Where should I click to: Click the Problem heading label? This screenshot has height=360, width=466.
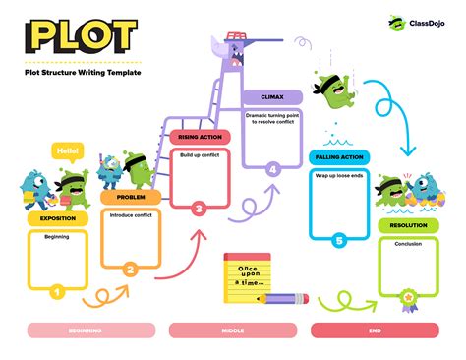pyautogui.click(x=124, y=197)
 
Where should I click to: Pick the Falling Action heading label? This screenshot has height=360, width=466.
pyautogui.click(x=338, y=157)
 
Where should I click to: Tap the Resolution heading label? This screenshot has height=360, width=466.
pyautogui.click(x=408, y=225)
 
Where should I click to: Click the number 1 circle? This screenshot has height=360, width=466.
pyautogui.click(x=57, y=290)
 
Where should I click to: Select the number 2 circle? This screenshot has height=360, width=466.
pyautogui.click(x=130, y=268)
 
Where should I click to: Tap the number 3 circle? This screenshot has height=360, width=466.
pyautogui.click(x=199, y=208)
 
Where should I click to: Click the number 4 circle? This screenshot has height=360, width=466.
pyautogui.click(x=272, y=169)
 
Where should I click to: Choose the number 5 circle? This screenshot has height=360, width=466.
pyautogui.click(x=338, y=240)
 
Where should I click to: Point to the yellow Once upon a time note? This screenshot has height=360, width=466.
pyautogui.click(x=247, y=272)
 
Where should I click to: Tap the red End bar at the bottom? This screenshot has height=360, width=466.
pyautogui.click(x=374, y=331)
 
